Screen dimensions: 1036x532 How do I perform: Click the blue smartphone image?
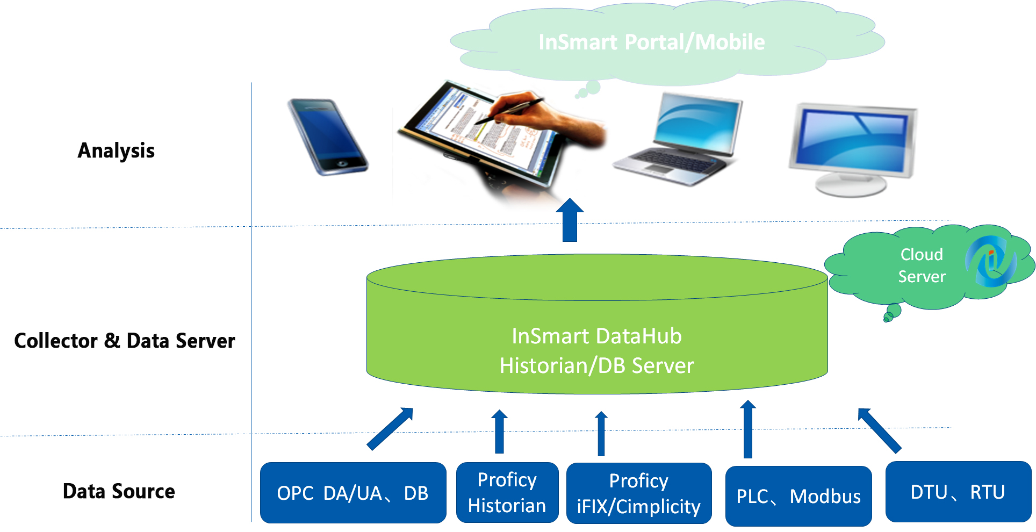point(327,136)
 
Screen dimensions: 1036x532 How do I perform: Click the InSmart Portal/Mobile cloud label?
point(651,42)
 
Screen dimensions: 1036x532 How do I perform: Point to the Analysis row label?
point(116,151)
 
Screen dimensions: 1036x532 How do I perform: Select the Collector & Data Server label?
point(125,341)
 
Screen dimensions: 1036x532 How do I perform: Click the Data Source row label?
point(119,491)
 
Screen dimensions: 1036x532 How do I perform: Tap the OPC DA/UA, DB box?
point(353,492)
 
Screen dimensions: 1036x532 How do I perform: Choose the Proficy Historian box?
point(507,492)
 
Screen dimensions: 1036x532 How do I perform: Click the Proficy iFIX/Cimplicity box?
point(639,493)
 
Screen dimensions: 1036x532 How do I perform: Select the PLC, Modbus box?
point(798,496)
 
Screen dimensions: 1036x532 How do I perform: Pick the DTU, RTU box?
point(958,492)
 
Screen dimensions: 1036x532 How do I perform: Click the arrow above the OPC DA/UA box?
point(390,428)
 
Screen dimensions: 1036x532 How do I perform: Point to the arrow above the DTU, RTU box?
point(880,430)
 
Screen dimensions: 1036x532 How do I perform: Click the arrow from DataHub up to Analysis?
point(570,220)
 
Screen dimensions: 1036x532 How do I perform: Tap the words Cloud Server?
point(922,265)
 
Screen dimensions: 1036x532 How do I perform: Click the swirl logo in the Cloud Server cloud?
point(991,261)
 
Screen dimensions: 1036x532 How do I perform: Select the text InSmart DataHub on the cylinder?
point(596,336)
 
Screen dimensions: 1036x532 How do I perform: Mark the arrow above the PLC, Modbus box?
point(747,429)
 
